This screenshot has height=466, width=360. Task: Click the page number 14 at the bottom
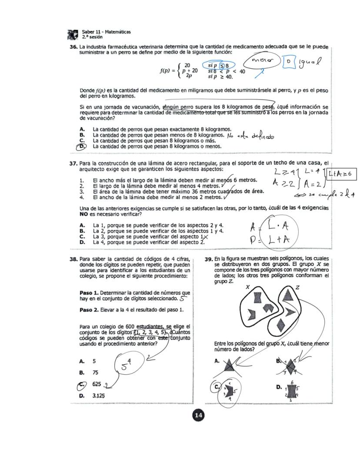(198, 416)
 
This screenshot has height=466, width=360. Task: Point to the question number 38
(73, 258)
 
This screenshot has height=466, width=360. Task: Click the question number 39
(208, 258)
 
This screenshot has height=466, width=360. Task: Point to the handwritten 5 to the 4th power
(127, 364)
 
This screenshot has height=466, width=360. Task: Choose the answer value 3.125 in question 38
(98, 396)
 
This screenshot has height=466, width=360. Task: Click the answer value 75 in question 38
(95, 372)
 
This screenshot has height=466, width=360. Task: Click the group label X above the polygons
(247, 287)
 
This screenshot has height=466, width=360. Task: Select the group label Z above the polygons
(297, 287)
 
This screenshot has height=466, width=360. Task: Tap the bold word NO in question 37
(84, 214)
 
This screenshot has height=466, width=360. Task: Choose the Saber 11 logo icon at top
(73, 34)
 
